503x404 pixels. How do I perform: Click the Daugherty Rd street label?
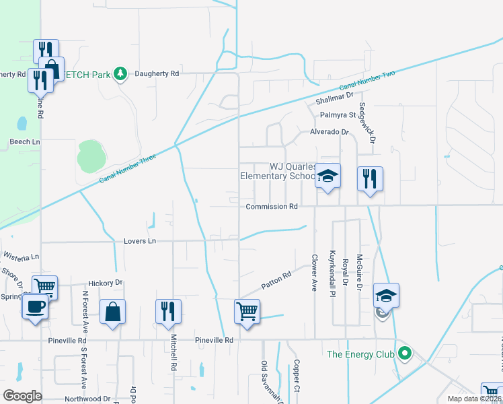click(x=156, y=73)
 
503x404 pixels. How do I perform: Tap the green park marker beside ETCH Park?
click(x=120, y=73)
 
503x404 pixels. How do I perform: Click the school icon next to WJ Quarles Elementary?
click(x=327, y=176)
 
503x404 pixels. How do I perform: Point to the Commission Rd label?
click(x=271, y=207)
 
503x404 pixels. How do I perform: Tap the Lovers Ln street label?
click(x=139, y=240)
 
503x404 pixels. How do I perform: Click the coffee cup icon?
click(x=34, y=306)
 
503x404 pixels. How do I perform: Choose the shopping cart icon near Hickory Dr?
click(x=44, y=286)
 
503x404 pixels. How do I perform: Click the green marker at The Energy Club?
click(x=404, y=353)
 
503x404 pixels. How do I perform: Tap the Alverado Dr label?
click(x=330, y=133)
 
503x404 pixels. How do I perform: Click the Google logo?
click(x=23, y=395)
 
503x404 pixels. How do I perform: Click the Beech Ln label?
click(x=25, y=142)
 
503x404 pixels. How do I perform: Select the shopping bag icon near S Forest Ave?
click(x=112, y=312)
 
